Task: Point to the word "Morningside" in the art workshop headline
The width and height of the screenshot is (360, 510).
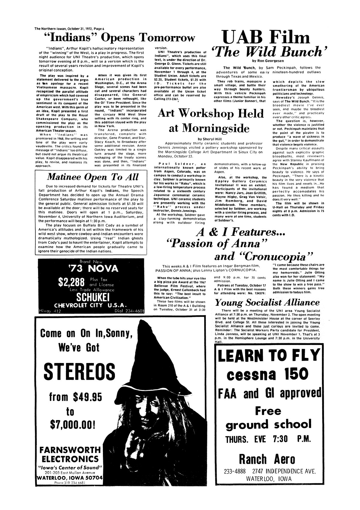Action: (209, 128)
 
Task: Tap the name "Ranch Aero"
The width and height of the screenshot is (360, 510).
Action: (267, 459)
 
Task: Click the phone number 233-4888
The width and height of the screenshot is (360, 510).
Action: (236, 471)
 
